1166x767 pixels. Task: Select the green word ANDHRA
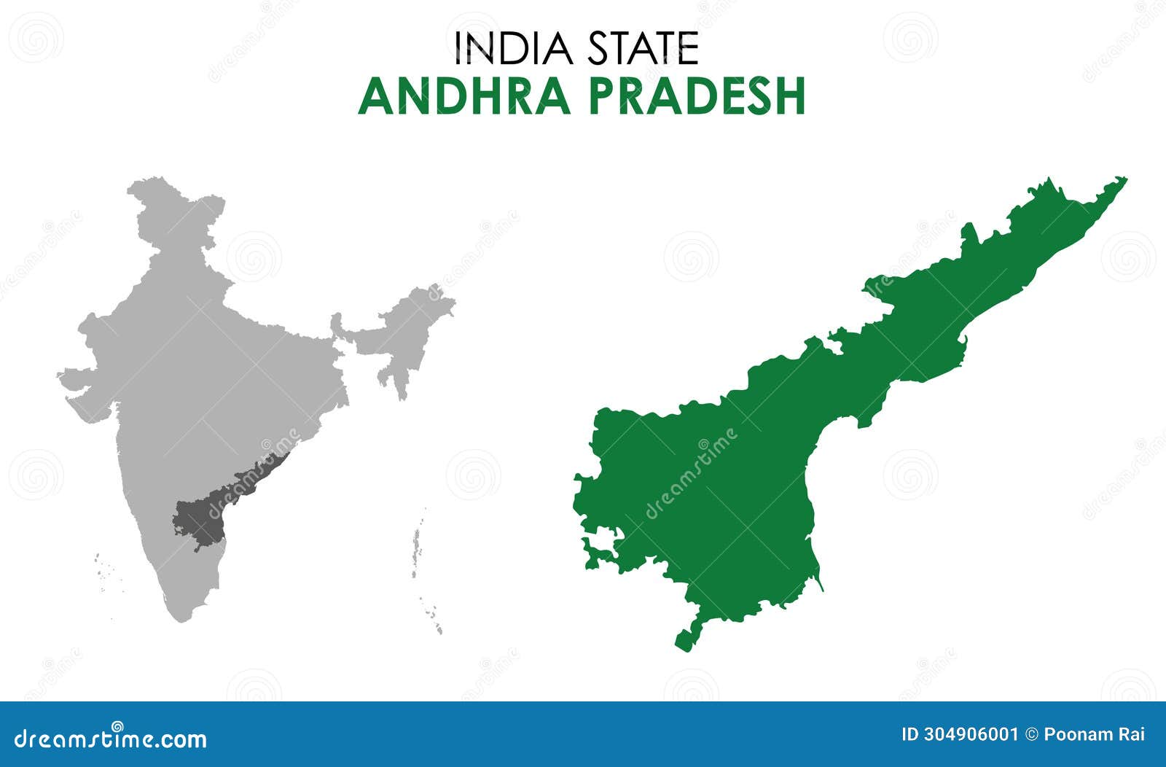464,96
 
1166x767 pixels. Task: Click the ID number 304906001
959,734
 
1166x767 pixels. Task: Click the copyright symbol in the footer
1031,734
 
